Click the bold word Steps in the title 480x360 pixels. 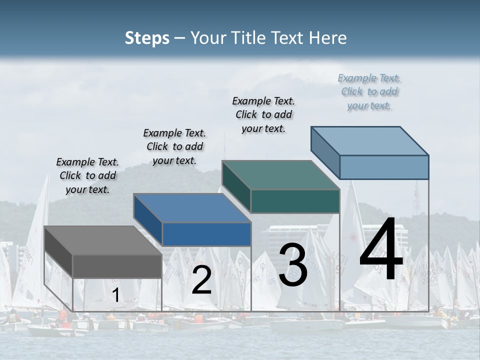(x=147, y=38)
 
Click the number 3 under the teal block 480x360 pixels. (x=293, y=265)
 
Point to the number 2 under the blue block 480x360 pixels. (x=201, y=280)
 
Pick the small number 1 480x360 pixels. (x=115, y=295)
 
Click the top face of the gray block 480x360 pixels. (x=103, y=240)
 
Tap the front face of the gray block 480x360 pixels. (x=117, y=266)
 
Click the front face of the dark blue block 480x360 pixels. (x=206, y=234)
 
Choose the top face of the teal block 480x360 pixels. (x=280, y=175)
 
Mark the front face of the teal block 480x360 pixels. (x=295, y=201)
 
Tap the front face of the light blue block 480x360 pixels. (x=384, y=167)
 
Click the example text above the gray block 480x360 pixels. (x=87, y=175)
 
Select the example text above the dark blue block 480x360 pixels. (x=174, y=146)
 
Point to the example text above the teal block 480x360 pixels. (x=263, y=114)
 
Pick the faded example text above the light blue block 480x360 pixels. (x=369, y=91)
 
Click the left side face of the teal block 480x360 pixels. (x=236, y=186)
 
